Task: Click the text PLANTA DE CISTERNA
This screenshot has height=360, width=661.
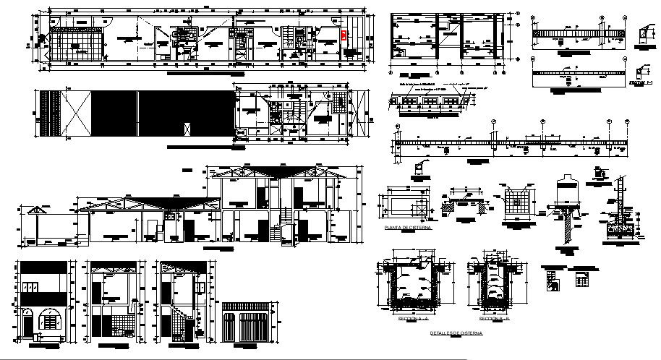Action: coord(409,228)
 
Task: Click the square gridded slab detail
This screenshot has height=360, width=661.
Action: coord(517,199)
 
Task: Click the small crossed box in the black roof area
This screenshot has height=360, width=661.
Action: coord(187,129)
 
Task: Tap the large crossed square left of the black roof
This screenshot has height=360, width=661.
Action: coord(77,114)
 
